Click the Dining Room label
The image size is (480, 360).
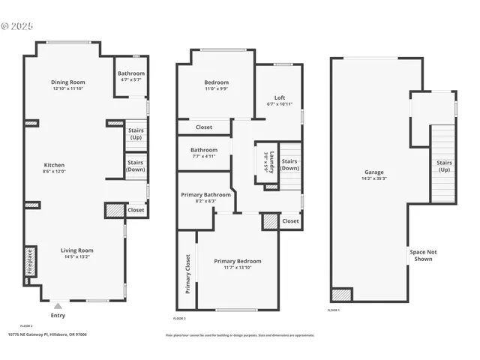pos(68,82)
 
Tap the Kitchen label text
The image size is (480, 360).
pos(54,165)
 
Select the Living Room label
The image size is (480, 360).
pos(76,250)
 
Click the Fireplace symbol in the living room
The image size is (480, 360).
pos(30,263)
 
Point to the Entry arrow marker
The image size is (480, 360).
pos(58,306)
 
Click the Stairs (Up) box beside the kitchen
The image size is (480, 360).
pos(136,133)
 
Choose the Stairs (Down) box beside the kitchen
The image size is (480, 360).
pos(136,166)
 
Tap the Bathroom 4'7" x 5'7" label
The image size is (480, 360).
pos(130,76)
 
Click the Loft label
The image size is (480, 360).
pos(280,97)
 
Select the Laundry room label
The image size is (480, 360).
pos(274,164)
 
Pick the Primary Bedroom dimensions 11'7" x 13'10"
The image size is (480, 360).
pos(238,268)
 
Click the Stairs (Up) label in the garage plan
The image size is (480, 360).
pos(445,165)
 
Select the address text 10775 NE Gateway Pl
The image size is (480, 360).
pos(47,334)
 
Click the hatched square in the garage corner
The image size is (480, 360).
pos(341,295)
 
